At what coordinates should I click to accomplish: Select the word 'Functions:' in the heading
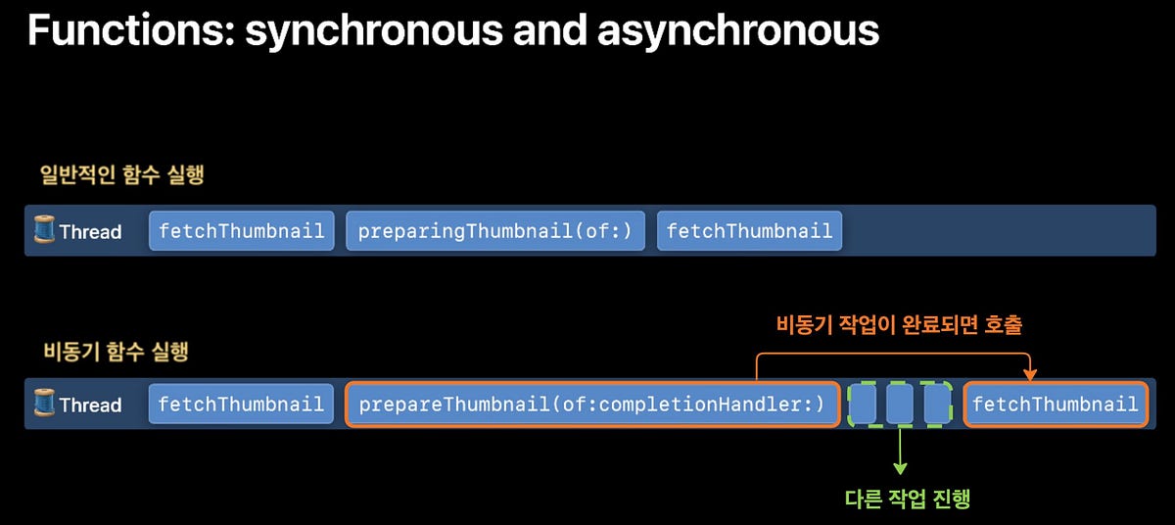point(130,30)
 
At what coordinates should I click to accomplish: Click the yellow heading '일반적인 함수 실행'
point(120,176)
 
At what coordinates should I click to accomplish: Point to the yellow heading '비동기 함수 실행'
point(116,352)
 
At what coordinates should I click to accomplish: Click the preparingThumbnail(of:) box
point(495,231)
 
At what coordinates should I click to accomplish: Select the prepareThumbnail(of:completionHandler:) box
point(591,405)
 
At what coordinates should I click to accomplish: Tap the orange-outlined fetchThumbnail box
point(1055,405)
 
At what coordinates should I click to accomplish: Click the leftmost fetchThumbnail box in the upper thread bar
point(241,231)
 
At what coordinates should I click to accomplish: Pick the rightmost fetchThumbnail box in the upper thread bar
point(749,231)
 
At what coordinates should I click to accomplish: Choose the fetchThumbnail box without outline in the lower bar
point(241,405)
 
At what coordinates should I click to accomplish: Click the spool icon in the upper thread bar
point(45,231)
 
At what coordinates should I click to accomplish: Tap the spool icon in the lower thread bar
point(45,404)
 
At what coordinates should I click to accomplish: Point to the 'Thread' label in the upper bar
point(90,232)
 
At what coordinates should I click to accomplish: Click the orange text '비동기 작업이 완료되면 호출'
point(899,324)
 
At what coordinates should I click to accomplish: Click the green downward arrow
point(900,454)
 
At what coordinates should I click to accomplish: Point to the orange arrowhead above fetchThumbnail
point(1029,373)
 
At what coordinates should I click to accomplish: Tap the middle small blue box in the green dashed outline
point(900,405)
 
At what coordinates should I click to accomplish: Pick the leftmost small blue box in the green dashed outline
point(863,405)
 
